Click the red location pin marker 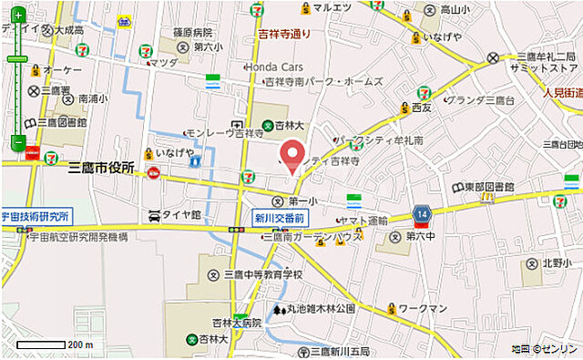(x=291, y=154)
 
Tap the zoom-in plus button (x=17, y=15)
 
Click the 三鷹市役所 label (x=101, y=169)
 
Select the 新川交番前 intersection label (x=281, y=219)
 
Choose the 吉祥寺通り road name (x=283, y=35)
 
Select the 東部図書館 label (x=488, y=187)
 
